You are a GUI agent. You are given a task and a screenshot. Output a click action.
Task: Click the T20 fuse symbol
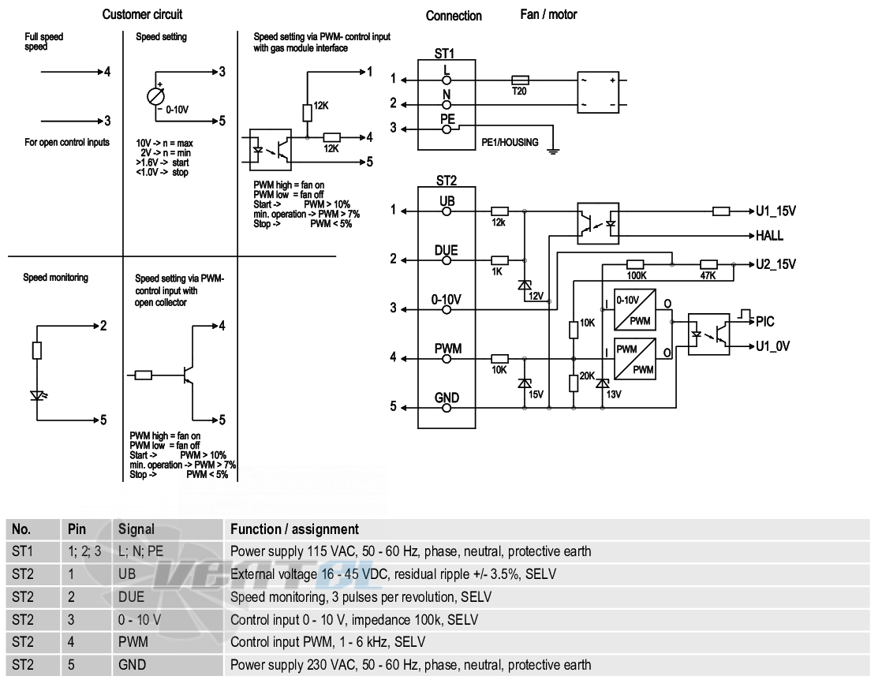pos(519,80)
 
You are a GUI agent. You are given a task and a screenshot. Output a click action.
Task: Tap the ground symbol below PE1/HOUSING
pos(554,151)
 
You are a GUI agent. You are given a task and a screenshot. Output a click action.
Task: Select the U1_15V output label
pos(775,211)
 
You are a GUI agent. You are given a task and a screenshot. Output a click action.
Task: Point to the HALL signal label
pos(769,236)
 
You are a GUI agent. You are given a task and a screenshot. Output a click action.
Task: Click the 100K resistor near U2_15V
pos(635,264)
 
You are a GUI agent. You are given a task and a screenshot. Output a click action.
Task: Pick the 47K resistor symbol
pos(708,264)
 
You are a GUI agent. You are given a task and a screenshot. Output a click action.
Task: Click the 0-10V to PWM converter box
pos(635,310)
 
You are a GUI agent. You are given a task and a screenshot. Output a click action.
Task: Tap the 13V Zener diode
pos(603,383)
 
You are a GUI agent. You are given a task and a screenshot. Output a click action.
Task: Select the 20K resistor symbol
pos(574,383)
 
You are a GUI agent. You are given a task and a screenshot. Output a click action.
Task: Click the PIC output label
pos(765,322)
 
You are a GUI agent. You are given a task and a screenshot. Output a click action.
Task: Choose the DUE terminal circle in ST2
pos(447,261)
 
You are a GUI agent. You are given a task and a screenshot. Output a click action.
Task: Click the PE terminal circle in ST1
pos(447,129)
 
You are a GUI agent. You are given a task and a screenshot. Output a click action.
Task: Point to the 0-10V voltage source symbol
pos(156,97)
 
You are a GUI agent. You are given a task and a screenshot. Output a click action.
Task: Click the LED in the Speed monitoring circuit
pos(37,395)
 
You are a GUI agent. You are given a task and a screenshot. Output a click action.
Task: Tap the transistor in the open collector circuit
pos(188,375)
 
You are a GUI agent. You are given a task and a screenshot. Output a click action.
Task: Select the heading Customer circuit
pos(142,15)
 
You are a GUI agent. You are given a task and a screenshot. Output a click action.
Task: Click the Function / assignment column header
pos(294,529)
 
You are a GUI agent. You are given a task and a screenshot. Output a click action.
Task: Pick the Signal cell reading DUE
pos(131,597)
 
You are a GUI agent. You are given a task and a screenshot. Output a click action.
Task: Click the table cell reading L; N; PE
pos(140,551)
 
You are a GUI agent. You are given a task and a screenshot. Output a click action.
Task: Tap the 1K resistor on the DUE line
pos(499,260)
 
